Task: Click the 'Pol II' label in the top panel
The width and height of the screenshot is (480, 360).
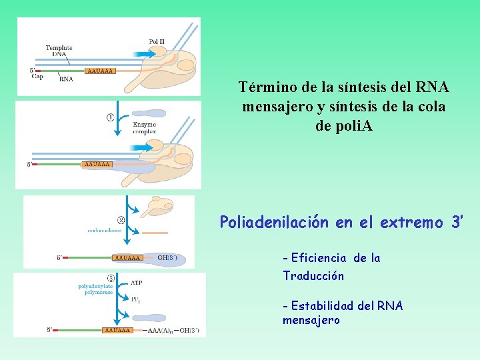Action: [157, 41]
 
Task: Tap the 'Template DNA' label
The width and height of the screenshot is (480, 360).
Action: [59, 51]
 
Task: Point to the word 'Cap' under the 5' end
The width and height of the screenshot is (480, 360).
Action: [37, 77]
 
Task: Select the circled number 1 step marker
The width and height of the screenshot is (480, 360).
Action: [110, 117]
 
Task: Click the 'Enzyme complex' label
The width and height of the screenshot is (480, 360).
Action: [144, 128]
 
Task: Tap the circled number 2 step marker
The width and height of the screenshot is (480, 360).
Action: [121, 220]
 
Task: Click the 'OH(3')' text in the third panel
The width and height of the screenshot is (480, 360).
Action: [167, 257]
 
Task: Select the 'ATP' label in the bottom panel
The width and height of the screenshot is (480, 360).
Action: [136, 283]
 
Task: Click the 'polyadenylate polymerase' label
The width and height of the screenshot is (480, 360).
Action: [97, 291]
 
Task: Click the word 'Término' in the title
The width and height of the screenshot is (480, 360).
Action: [265, 87]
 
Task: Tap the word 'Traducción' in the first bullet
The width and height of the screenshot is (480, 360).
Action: [313, 275]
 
